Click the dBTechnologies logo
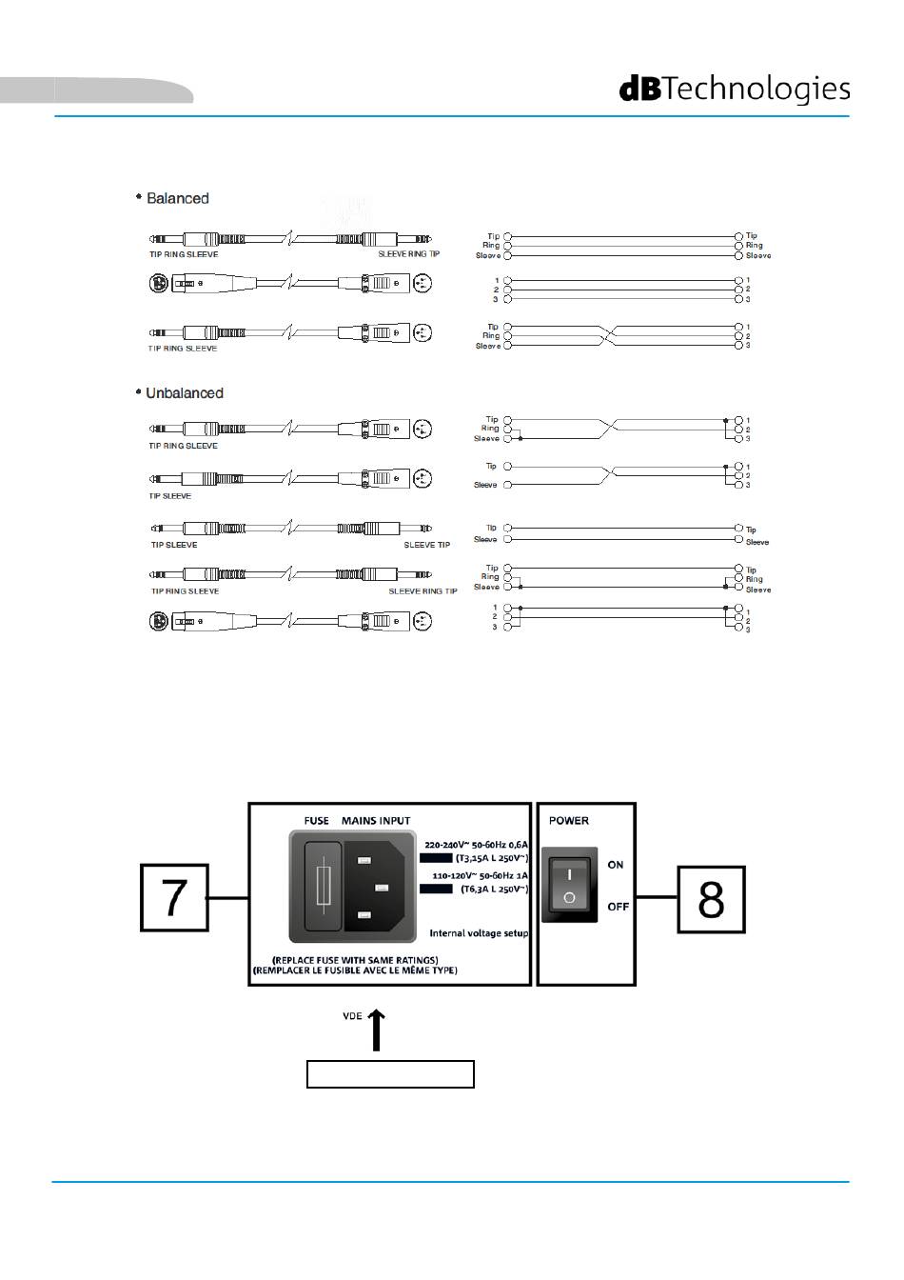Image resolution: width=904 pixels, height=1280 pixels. tap(735, 90)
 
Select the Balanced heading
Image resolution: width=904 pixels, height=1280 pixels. tap(177, 198)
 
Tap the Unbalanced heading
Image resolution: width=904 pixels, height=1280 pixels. tap(184, 393)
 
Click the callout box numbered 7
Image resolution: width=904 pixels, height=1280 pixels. tap(174, 897)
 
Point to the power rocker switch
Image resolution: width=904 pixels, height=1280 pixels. tap(569, 885)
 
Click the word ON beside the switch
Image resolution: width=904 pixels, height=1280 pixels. tap(616, 865)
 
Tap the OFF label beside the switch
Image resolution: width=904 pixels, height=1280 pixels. tap(619, 907)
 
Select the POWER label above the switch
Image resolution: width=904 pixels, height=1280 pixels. tap(569, 820)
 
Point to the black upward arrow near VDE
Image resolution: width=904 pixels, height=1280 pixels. tap(378, 1030)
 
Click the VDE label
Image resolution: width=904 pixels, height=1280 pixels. tap(352, 1016)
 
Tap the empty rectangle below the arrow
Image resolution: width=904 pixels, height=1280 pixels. tap(390, 1074)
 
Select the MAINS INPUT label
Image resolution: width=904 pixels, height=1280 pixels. tap(376, 820)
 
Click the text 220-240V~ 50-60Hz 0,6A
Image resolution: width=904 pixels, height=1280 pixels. tap(476, 844)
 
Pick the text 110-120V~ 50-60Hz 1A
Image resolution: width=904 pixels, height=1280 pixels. tap(480, 874)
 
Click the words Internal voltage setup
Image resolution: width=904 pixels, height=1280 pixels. tap(479, 933)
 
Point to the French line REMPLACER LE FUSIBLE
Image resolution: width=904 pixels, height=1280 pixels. tap(355, 970)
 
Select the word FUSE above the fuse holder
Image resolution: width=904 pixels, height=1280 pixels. tap(317, 820)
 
